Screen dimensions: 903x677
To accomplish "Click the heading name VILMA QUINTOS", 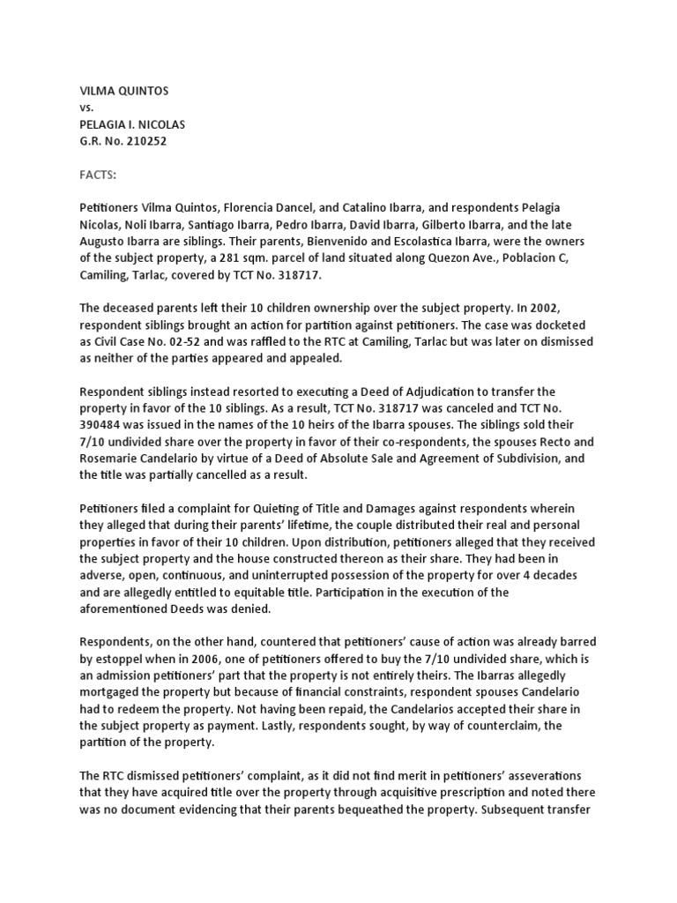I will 123,90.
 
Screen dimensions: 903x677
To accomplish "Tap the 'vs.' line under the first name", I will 86,107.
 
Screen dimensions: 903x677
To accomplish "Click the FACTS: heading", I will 99,175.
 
